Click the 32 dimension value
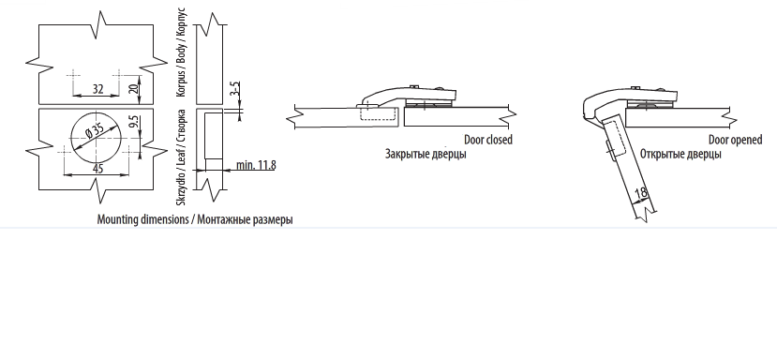[x=98, y=89]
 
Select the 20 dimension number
[x=133, y=88]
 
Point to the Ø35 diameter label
[x=95, y=131]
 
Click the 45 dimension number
[x=97, y=169]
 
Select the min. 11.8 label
[x=256, y=165]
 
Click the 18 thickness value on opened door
[x=641, y=192]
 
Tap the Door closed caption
[x=488, y=140]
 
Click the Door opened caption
[x=736, y=140]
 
